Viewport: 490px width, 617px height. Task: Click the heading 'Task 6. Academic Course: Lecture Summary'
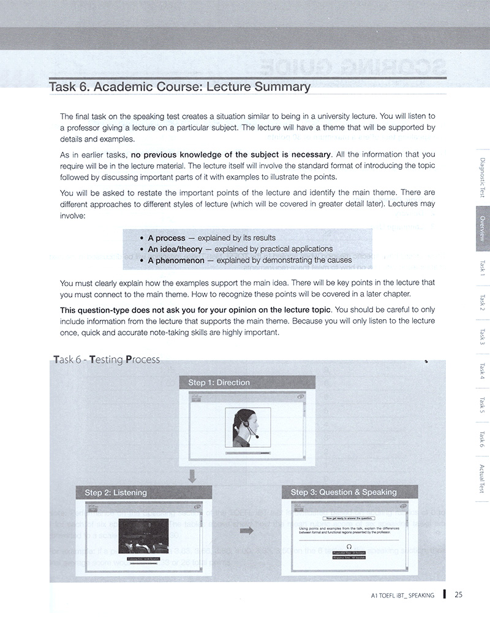179,87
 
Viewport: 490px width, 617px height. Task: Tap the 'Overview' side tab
483,229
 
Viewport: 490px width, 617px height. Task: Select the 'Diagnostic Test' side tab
483,176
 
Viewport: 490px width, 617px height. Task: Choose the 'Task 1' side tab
483,267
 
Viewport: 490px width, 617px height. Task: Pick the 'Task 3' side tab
483,336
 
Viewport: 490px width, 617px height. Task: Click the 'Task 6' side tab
483,439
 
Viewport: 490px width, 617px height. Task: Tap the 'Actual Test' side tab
483,478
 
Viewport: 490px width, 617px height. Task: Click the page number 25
458,594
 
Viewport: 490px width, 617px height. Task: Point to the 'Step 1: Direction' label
219,383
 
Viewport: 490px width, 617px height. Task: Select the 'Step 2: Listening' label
116,493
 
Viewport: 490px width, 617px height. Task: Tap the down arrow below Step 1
192,475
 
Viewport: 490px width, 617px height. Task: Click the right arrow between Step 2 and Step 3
247,531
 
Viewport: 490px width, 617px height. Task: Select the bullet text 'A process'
166,238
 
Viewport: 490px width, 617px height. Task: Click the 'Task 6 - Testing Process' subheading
107,360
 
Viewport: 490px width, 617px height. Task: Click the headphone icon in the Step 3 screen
349,545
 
